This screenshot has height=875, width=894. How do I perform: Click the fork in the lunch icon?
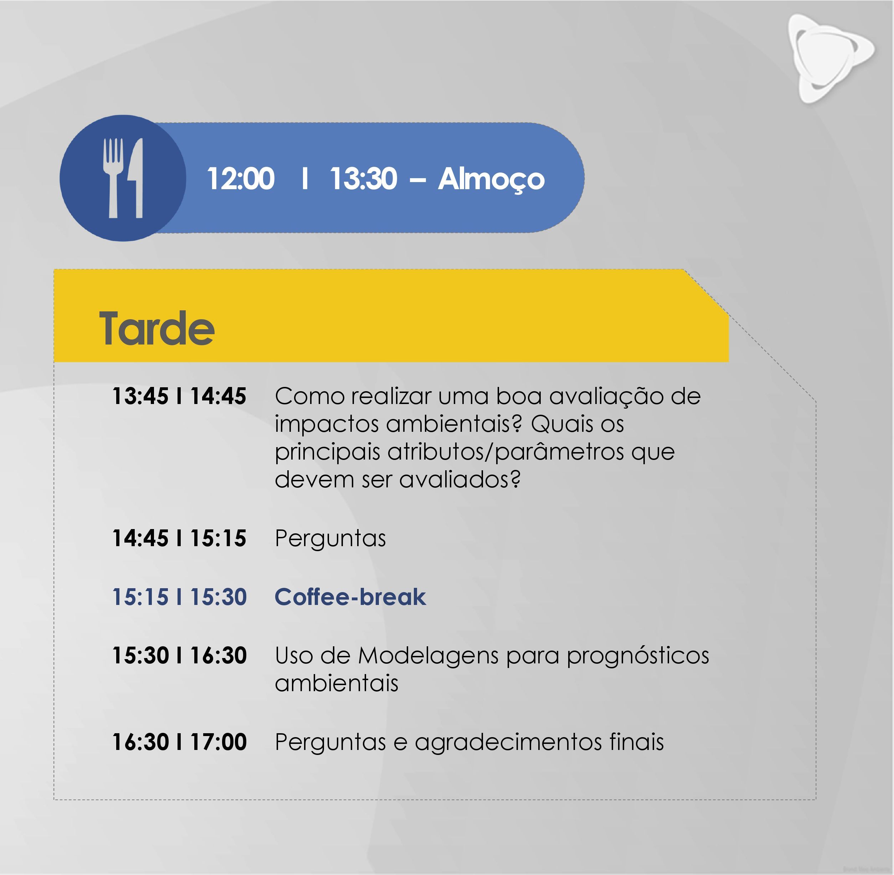113,178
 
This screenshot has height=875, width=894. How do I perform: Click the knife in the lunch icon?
136,178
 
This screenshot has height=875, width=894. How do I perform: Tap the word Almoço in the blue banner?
491,180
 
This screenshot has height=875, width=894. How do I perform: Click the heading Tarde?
157,328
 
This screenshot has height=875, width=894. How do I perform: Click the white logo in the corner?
831,59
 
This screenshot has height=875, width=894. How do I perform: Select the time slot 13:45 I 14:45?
179,396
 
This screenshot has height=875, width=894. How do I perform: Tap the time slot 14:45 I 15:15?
179,538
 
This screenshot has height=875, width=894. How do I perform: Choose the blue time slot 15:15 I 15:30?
179,597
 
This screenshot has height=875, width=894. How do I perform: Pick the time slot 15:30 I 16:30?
179,655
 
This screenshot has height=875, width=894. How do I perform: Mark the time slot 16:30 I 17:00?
179,742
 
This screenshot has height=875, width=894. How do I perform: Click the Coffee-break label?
350,597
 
